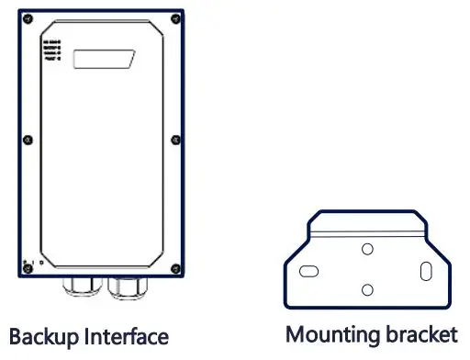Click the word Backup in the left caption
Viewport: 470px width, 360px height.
click(40, 337)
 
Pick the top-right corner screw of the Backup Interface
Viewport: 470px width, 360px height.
click(174, 17)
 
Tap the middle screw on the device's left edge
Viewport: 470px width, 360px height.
click(28, 140)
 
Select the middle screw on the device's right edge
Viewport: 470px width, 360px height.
click(174, 140)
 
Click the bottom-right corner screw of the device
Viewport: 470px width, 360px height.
click(174, 267)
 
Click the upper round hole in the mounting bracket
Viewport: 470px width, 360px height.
click(366, 249)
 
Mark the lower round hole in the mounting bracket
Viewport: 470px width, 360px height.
click(367, 289)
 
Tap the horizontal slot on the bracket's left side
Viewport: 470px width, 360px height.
click(310, 272)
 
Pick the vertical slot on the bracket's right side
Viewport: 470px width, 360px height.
click(426, 272)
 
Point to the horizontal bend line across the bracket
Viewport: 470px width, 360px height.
click(367, 235)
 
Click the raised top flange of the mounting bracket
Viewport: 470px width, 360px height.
click(367, 222)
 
